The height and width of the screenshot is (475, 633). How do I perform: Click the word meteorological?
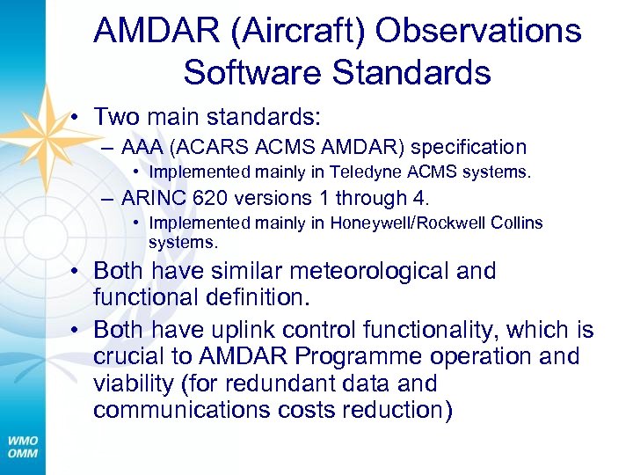(x=369, y=271)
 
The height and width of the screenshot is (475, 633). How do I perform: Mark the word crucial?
(x=134, y=357)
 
